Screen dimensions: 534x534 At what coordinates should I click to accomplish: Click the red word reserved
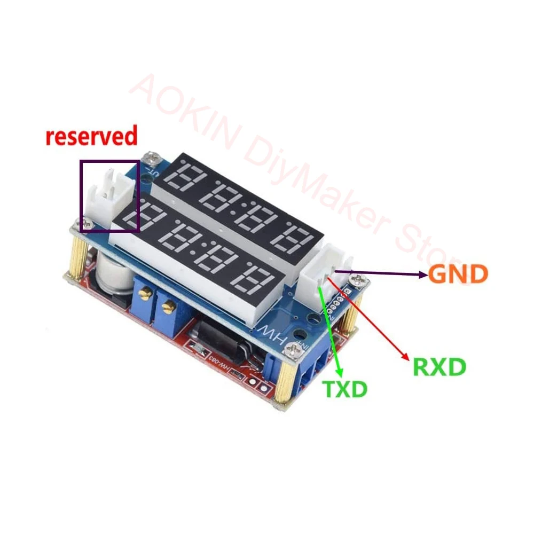pyautogui.click(x=91, y=136)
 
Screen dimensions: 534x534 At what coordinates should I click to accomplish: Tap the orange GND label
pyautogui.click(x=458, y=274)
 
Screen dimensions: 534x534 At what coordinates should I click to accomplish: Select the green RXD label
pyautogui.click(x=439, y=367)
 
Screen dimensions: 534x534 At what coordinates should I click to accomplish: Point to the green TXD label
pyautogui.click(x=345, y=389)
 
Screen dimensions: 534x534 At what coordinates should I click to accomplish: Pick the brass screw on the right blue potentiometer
pyautogui.click(x=169, y=307)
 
